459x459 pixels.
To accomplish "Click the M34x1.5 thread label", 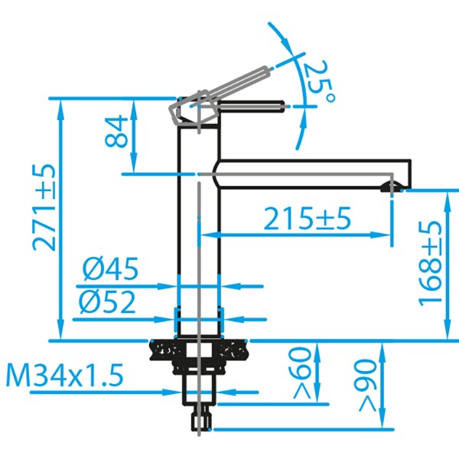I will tap(65, 376).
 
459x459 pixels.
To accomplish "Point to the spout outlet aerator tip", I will tap(391, 186).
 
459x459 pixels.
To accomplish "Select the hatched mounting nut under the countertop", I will tap(165, 350).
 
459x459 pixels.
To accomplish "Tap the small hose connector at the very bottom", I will tap(201, 420).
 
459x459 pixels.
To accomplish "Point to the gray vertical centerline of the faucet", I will tap(199, 252).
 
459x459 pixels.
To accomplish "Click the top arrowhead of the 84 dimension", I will tap(135, 104).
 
